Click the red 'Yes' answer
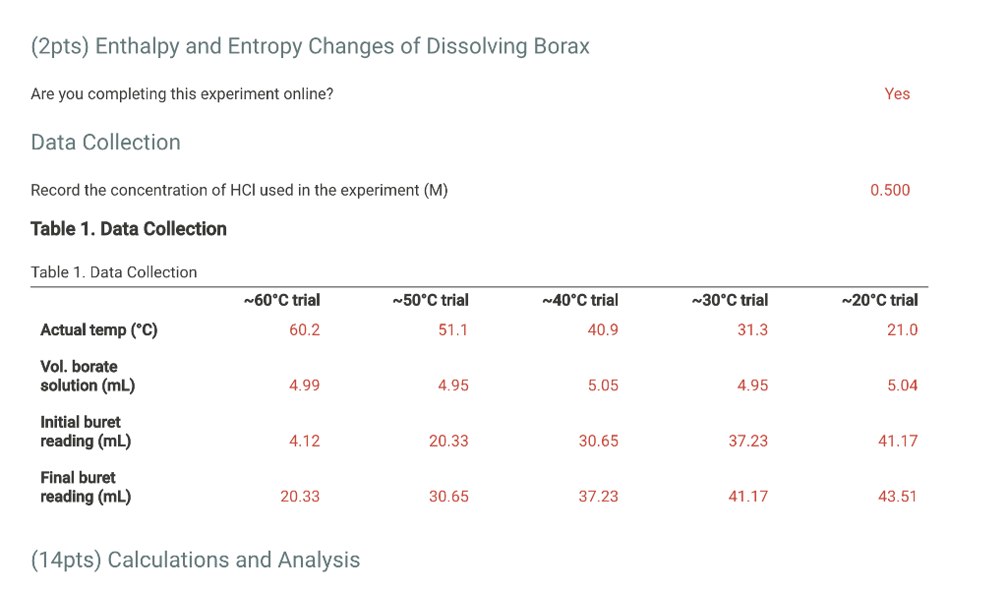point(897,94)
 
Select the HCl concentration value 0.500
point(890,190)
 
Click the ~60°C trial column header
point(281,300)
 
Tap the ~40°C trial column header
point(579,300)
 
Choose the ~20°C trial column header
point(879,300)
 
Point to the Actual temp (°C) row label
point(98,330)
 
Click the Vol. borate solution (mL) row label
point(87,376)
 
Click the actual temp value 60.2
point(304,330)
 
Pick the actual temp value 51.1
point(453,330)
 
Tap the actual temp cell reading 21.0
point(902,330)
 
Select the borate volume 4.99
point(304,385)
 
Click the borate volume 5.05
point(603,385)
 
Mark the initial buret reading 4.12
point(304,442)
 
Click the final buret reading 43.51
point(897,497)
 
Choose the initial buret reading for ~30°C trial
point(747,442)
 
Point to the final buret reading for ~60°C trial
point(300,497)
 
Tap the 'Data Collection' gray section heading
point(105,143)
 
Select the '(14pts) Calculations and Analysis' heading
point(196,561)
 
